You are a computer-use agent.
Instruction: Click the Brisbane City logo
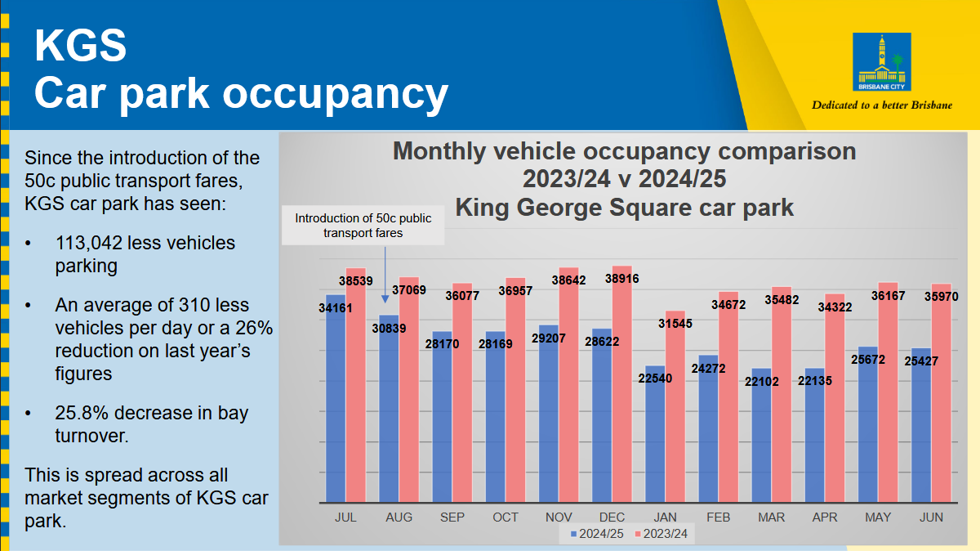881,62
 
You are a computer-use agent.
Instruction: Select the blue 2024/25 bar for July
335,401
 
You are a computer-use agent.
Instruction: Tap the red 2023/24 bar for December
621,384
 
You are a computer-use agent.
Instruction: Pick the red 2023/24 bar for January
675,409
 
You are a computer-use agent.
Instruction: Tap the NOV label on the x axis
559,517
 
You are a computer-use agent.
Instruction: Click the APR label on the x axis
825,517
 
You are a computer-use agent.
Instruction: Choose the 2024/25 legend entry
596,534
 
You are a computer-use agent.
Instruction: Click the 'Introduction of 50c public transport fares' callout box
363,226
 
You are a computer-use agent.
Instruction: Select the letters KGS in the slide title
80,46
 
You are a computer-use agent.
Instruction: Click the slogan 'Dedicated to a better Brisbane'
882,105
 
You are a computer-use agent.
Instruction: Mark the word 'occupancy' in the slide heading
336,92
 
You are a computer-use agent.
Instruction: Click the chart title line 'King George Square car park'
624,207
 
